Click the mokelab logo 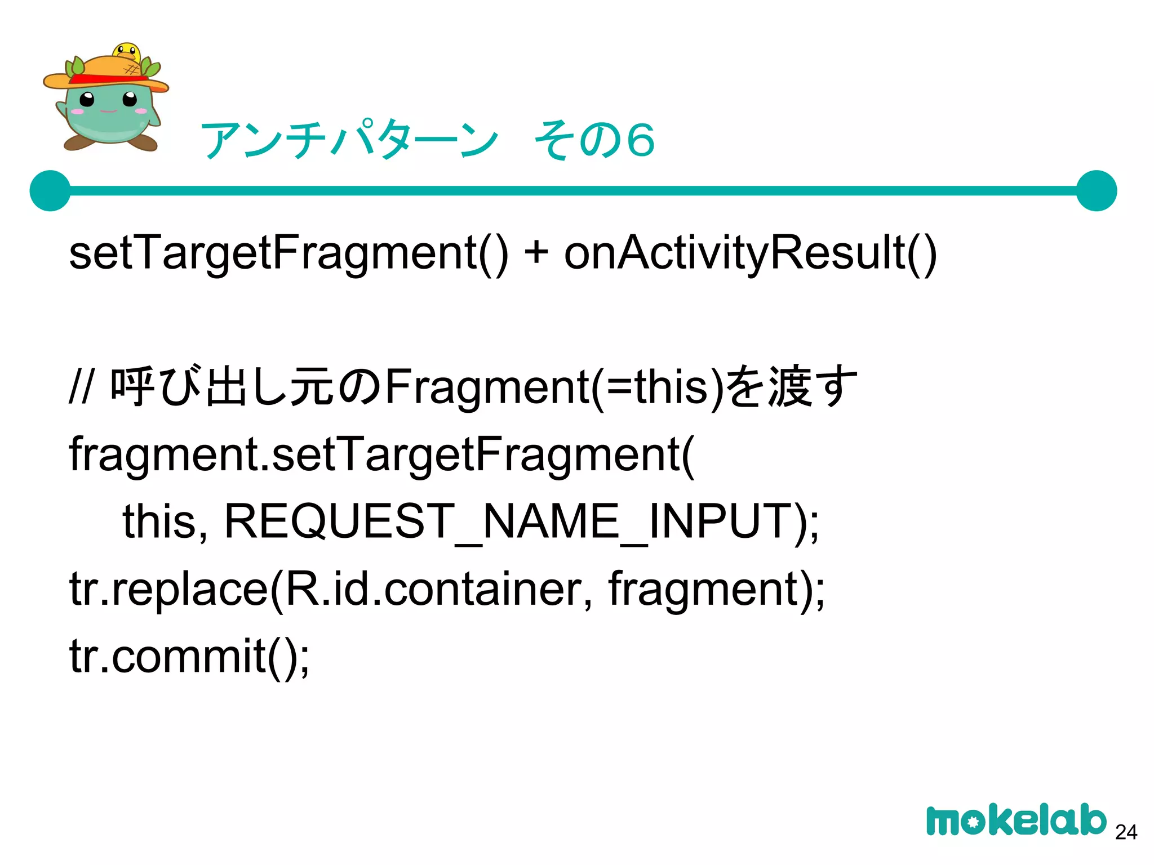coord(1016,821)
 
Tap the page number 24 coord(1126,832)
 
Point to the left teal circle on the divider coord(51,191)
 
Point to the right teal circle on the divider coord(1096,191)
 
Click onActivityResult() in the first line coord(750,253)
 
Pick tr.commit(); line coord(189,656)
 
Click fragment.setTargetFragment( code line coord(382,455)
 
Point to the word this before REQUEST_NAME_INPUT coord(159,521)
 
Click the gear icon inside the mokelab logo coord(973,823)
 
